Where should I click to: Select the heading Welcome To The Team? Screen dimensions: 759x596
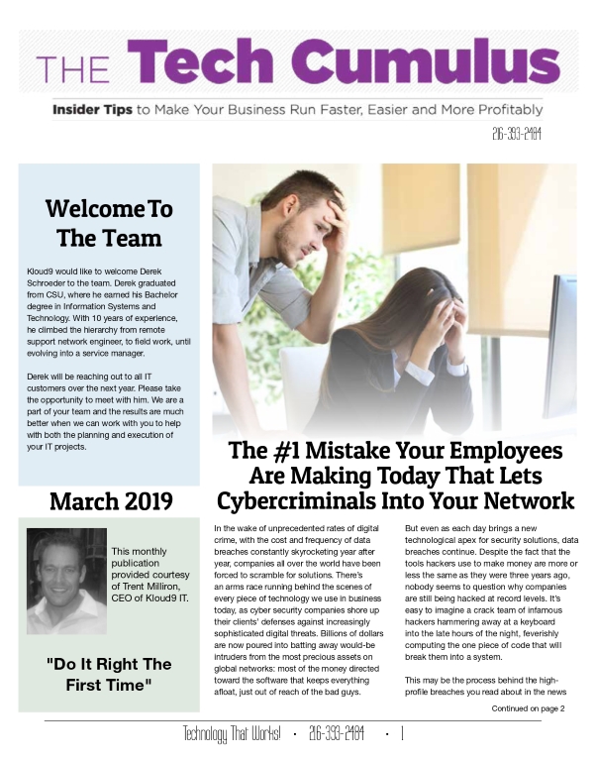(109, 223)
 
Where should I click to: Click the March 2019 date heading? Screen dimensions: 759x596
(109, 500)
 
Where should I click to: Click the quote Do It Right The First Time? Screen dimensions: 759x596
(109, 675)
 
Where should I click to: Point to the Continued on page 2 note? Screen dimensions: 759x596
(528, 708)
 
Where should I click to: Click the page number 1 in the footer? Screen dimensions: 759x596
(403, 734)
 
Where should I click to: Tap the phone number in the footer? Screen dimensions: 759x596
(337, 734)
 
